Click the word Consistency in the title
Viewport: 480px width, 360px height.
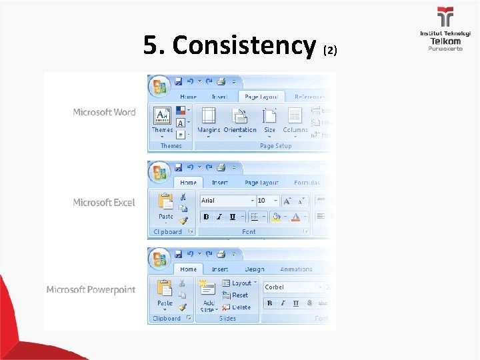click(243, 45)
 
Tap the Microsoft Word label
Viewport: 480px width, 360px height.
click(104, 112)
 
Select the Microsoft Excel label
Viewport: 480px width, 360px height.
click(103, 202)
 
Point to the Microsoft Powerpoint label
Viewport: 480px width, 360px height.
click(91, 290)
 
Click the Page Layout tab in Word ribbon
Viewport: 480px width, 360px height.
click(261, 97)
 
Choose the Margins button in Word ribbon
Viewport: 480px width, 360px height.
click(209, 119)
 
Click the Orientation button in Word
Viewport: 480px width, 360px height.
click(240, 119)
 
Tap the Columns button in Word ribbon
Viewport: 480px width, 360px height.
click(295, 119)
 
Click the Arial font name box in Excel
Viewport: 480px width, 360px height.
click(227, 200)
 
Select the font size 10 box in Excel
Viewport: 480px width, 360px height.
click(265, 200)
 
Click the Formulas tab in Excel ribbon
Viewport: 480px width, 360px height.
click(307, 182)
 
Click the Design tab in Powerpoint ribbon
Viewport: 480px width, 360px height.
click(254, 269)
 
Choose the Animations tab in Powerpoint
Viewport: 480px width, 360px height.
click(296, 269)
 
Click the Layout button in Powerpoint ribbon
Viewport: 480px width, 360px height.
click(239, 283)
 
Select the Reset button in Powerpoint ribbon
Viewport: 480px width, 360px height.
click(236, 295)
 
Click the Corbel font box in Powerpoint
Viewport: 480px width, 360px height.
click(292, 287)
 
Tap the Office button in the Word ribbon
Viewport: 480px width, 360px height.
click(159, 87)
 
